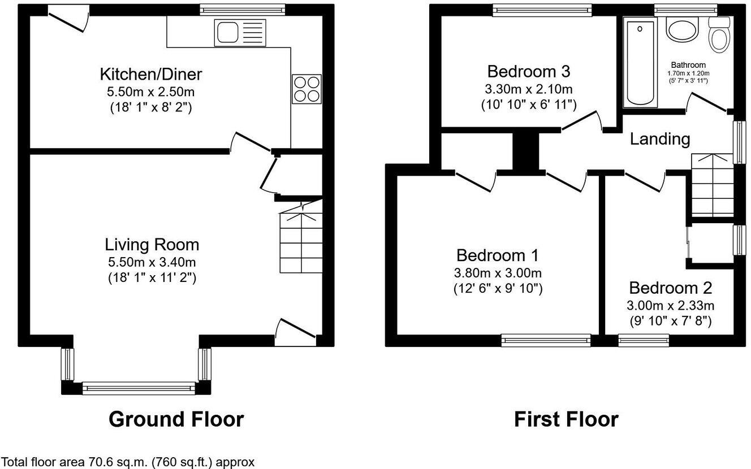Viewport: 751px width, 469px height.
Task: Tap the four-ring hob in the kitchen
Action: tap(307, 89)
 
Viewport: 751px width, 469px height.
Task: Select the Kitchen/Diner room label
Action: tap(151, 74)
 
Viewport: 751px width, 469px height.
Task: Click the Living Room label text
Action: tap(152, 245)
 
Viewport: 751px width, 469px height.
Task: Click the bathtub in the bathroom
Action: tap(640, 62)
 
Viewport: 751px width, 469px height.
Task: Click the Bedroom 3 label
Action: tap(528, 72)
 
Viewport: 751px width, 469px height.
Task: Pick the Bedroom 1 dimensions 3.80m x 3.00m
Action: tap(498, 273)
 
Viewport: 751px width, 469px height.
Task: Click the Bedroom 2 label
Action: tap(670, 288)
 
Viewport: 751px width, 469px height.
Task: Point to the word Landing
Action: tap(660, 139)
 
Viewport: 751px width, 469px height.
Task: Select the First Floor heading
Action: tap(566, 420)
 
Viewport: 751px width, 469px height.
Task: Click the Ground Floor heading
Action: tap(176, 420)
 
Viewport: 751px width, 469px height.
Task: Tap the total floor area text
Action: tap(128, 461)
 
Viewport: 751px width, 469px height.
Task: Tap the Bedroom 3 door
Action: tap(582, 121)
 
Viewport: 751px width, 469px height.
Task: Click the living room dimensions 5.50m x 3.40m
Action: tap(152, 262)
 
